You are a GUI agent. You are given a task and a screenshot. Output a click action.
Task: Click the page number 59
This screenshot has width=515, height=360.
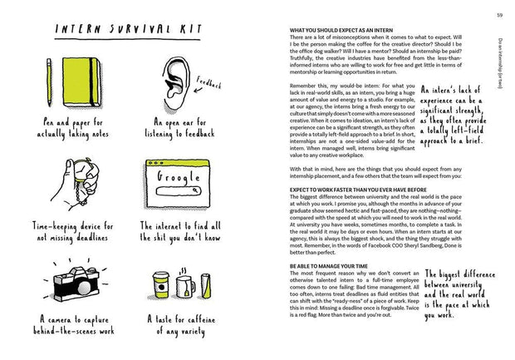[498, 14]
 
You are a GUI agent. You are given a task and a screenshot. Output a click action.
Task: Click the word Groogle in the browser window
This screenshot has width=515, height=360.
[174, 177]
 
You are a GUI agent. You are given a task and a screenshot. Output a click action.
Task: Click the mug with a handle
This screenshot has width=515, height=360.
[186, 287]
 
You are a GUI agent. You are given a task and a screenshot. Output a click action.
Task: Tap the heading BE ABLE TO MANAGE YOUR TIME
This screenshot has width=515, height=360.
[328, 265]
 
